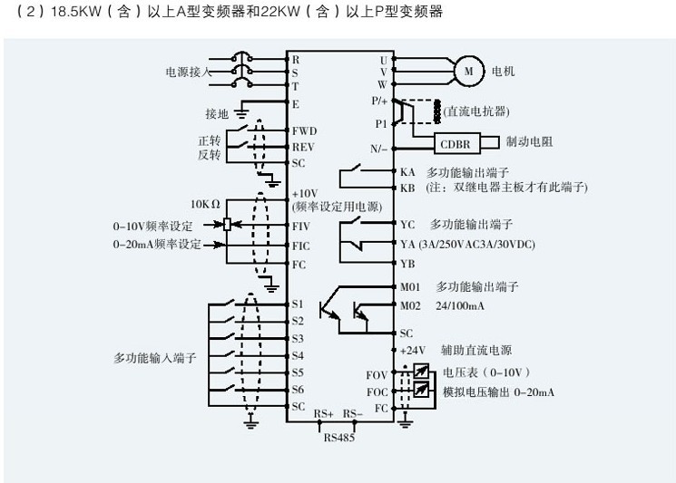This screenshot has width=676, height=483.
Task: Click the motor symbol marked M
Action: pyautogui.click(x=468, y=70)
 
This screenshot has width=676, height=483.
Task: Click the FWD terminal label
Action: pyautogui.click(x=304, y=130)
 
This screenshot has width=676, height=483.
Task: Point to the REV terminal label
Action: pyautogui.click(x=303, y=147)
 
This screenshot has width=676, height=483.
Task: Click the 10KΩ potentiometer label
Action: pyautogui.click(x=206, y=204)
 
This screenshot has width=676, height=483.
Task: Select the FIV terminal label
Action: pyautogui.click(x=301, y=225)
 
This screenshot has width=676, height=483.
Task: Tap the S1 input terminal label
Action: pyautogui.click(x=298, y=304)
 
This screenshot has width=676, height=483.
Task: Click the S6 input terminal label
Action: pyautogui.click(x=298, y=390)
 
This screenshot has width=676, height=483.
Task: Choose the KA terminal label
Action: pyautogui.click(x=407, y=171)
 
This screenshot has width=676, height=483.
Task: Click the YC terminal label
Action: pyautogui.click(x=407, y=223)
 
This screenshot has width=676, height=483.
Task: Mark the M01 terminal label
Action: pyautogui.click(x=411, y=286)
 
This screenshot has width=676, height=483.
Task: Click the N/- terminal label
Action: pyautogui.click(x=379, y=148)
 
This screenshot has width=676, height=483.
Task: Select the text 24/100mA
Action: pyautogui.click(x=462, y=304)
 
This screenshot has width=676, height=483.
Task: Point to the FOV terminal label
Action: pyautogui.click(x=377, y=374)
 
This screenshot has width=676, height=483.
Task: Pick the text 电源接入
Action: pyautogui.click(x=188, y=72)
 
